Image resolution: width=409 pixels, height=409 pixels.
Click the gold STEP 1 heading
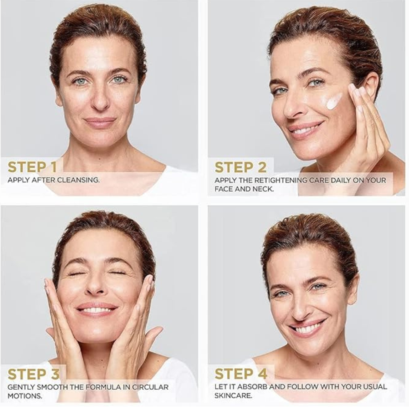coord(32,167)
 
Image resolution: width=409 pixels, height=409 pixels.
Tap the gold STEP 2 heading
coord(240,167)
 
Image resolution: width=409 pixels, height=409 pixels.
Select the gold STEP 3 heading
coord(34,374)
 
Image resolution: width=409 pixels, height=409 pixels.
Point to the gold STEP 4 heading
coord(241,374)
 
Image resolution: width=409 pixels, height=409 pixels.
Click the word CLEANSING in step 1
coord(78,180)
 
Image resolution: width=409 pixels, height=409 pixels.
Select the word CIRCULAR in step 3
coord(150,387)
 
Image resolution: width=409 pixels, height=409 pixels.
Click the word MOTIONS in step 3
coord(25,396)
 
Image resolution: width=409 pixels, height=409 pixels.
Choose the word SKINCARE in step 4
coord(234,396)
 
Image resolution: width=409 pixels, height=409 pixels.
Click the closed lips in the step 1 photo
coord(100,122)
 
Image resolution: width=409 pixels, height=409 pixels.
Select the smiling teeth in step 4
coord(309,328)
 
